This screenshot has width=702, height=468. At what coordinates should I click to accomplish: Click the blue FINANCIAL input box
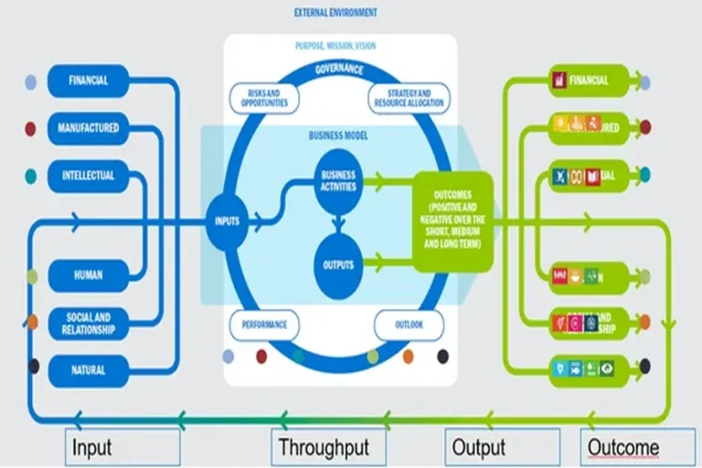pyautogui.click(x=88, y=80)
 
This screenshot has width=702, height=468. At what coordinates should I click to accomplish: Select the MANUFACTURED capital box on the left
pyautogui.click(x=88, y=128)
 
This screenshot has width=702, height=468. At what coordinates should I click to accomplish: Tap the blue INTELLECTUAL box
pyautogui.click(x=88, y=175)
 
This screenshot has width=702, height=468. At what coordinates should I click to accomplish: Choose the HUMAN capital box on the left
pyautogui.click(x=88, y=274)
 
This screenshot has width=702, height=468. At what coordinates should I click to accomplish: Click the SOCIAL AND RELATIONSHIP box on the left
pyautogui.click(x=88, y=323)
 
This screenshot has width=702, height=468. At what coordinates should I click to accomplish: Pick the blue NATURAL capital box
pyautogui.click(x=88, y=370)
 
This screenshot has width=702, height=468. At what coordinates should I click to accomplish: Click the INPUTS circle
pyautogui.click(x=228, y=220)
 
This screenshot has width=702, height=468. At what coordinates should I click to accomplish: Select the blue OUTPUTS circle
pyautogui.click(x=337, y=265)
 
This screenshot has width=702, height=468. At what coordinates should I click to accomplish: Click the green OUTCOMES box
pyautogui.click(x=452, y=221)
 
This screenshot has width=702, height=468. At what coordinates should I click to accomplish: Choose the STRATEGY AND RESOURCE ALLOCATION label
pyautogui.click(x=409, y=99)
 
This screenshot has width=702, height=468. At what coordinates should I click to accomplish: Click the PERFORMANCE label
pyautogui.click(x=265, y=324)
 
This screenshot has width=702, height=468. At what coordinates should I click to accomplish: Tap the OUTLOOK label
pyautogui.click(x=408, y=324)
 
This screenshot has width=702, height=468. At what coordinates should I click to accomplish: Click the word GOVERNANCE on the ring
pyautogui.click(x=338, y=69)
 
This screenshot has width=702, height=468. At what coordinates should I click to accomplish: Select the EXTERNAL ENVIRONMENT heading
pyautogui.click(x=335, y=13)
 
